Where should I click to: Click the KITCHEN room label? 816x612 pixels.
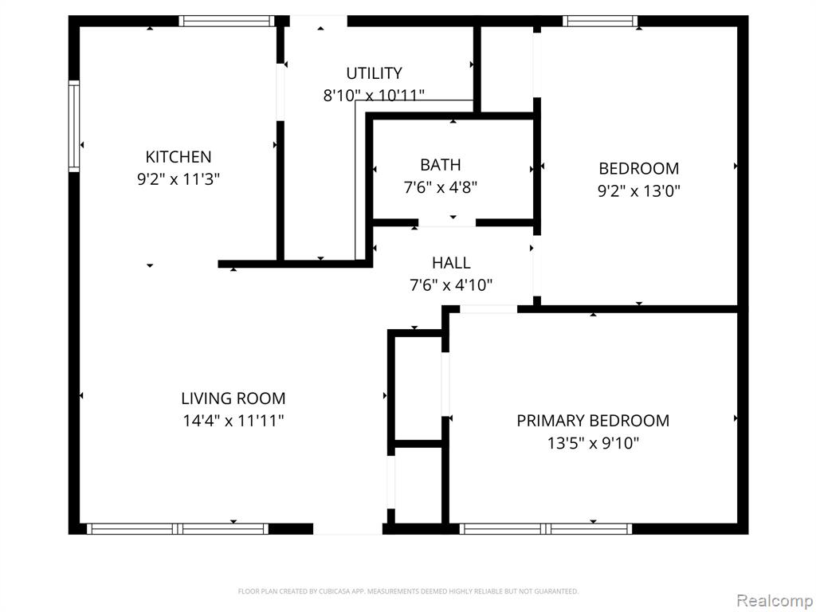click(178, 157)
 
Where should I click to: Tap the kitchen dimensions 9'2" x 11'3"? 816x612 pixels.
click(178, 179)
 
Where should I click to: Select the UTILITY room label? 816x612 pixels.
click(375, 73)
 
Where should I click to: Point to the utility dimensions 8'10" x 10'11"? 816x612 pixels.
click(375, 96)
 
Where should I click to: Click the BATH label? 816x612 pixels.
click(440, 165)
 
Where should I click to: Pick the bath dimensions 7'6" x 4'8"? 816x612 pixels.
click(440, 187)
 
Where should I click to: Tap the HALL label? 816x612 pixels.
click(451, 263)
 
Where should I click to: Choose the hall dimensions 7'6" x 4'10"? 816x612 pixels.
click(451, 285)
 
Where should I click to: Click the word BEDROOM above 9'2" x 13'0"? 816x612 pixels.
click(638, 169)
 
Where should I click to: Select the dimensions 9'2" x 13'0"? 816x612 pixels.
click(638, 191)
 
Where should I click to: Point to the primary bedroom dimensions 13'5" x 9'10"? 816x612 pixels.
click(593, 443)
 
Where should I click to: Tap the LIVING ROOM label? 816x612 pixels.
click(233, 398)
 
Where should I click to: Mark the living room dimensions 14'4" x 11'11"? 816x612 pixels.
click(233, 421)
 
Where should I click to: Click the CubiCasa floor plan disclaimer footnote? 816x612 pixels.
click(408, 591)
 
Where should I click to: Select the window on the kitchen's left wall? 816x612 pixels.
click(74, 127)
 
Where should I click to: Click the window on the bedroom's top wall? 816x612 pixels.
click(600, 22)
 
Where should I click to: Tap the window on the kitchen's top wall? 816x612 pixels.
click(226, 22)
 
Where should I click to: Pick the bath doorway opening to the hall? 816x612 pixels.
click(447, 223)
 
